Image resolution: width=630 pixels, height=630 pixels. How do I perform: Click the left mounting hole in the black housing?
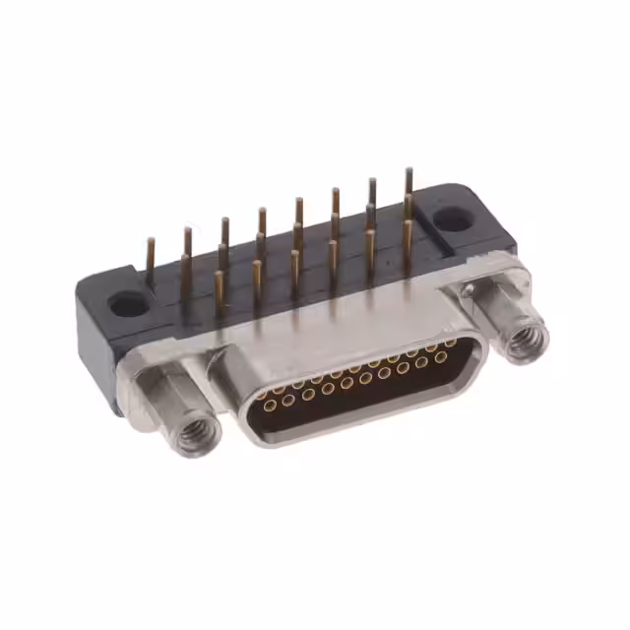[x=128, y=304]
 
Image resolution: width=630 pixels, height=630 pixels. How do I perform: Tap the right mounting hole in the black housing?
[x=454, y=219]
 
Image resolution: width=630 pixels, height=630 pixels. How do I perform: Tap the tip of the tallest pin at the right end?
[x=408, y=173]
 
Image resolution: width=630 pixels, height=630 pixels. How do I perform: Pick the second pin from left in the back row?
[x=187, y=246]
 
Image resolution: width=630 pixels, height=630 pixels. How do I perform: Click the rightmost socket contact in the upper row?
[x=450, y=343]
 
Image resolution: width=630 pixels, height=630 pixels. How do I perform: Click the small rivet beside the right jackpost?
[x=470, y=290]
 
